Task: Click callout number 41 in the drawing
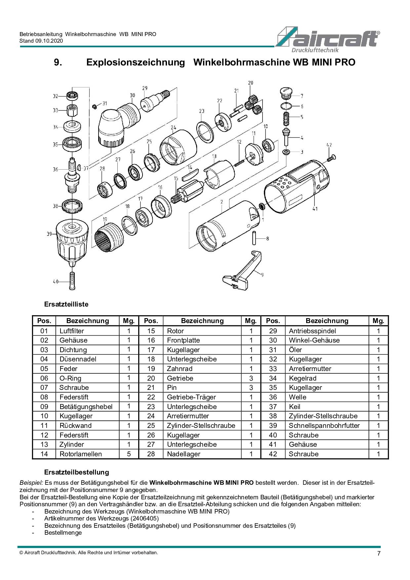point(315,209)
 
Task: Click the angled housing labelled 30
point(117,124)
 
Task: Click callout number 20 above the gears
point(250,83)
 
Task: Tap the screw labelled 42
point(331,158)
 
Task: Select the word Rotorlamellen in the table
point(81,454)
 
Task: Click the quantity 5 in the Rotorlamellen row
point(129,454)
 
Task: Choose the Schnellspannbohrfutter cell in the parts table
point(324,426)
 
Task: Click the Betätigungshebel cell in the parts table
point(86,407)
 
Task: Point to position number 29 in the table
point(273,331)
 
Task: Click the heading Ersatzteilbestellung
point(76,472)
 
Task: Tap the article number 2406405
point(144,518)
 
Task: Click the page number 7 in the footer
point(379,554)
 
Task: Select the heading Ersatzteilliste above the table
point(66,304)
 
